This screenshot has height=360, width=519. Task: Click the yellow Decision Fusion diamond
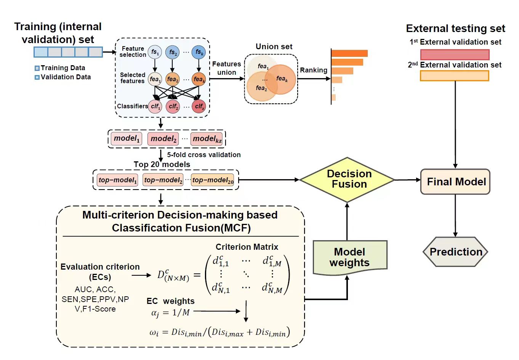tap(348, 179)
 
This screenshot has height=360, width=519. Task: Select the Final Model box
tap(455, 182)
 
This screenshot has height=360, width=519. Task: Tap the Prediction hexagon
tap(455, 252)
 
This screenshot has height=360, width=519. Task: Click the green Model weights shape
tap(350, 257)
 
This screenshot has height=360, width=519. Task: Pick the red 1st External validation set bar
tap(455, 54)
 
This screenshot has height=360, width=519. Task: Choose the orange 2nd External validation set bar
tap(454, 76)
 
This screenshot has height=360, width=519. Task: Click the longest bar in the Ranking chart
tap(349, 53)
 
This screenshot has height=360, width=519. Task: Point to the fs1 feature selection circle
tap(155, 52)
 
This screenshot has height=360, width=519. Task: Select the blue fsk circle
tap(199, 52)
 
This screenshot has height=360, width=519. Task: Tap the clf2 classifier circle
tap(173, 106)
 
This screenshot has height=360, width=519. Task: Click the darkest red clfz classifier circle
tap(199, 106)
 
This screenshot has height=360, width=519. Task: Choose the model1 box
tap(127, 138)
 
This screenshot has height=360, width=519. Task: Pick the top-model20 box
tap(213, 180)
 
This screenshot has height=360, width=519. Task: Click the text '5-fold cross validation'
tap(204, 155)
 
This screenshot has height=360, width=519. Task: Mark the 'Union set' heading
tap(274, 47)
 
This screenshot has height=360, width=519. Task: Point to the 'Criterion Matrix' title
tap(247, 247)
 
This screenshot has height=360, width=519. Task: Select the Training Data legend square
tap(37, 68)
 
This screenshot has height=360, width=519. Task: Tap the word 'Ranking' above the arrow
tap(313, 70)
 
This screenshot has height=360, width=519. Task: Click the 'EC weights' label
tap(170, 301)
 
